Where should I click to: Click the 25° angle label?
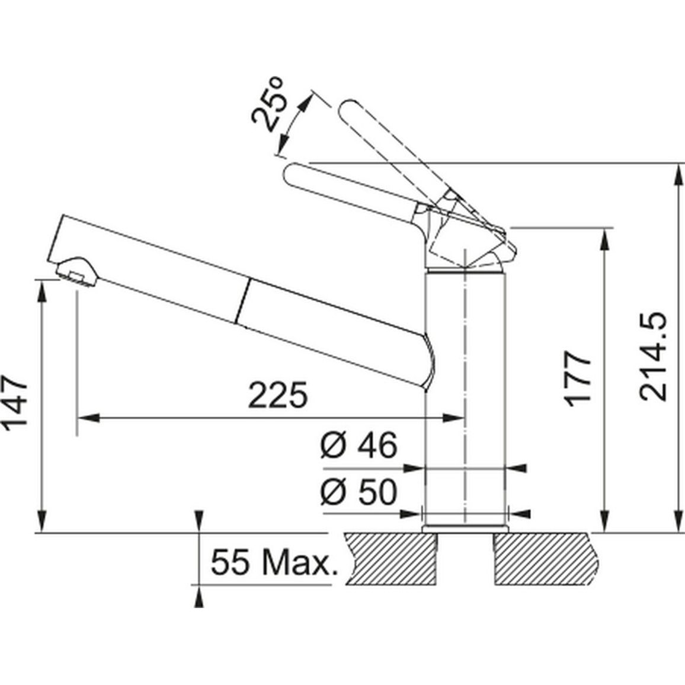268,104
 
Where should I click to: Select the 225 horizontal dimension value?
278,395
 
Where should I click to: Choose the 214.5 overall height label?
653,357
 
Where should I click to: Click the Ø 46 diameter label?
359,446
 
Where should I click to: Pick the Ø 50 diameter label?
359,492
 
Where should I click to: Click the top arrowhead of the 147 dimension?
42,291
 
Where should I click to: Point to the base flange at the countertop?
466,528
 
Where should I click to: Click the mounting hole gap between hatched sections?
465,559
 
